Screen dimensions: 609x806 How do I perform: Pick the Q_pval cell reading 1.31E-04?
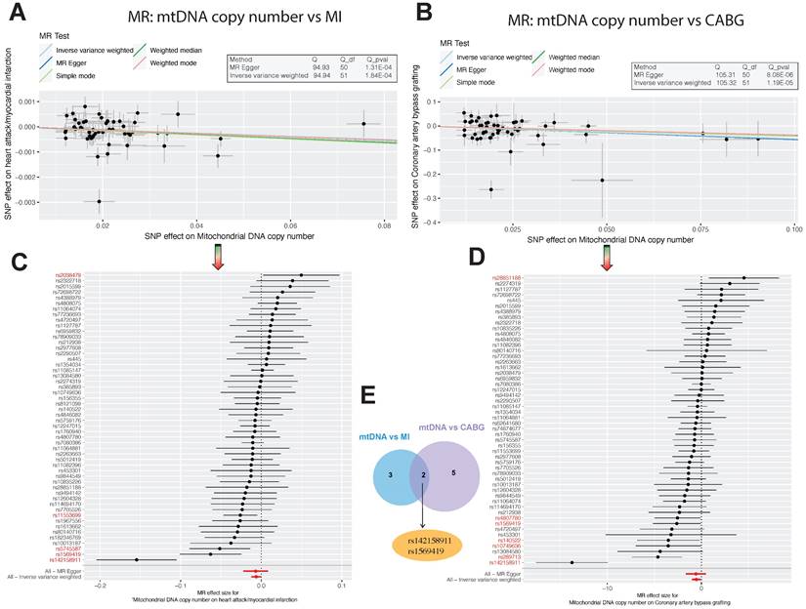(x=377, y=67)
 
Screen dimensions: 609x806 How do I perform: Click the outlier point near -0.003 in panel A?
(x=98, y=202)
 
